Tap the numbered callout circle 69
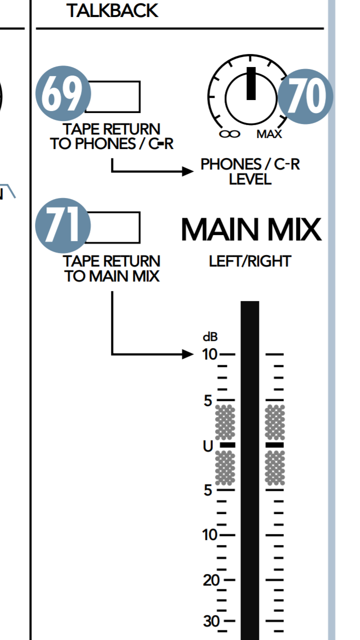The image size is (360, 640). [x=62, y=95]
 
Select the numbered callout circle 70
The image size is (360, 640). [x=305, y=96]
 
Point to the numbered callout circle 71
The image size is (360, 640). [x=62, y=226]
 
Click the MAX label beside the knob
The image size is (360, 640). [x=269, y=134]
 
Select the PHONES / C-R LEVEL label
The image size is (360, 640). [x=250, y=171]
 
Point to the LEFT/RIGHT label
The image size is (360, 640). [x=250, y=261]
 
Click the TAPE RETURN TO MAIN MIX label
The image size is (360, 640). [x=112, y=268]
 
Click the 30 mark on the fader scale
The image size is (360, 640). [x=211, y=621]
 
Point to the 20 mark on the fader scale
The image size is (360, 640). [x=211, y=580]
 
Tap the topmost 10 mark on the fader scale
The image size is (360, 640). [x=210, y=354]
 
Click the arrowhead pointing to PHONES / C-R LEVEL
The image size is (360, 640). [x=188, y=171]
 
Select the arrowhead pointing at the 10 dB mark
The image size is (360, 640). [x=188, y=354]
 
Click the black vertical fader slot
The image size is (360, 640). [x=250, y=470]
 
